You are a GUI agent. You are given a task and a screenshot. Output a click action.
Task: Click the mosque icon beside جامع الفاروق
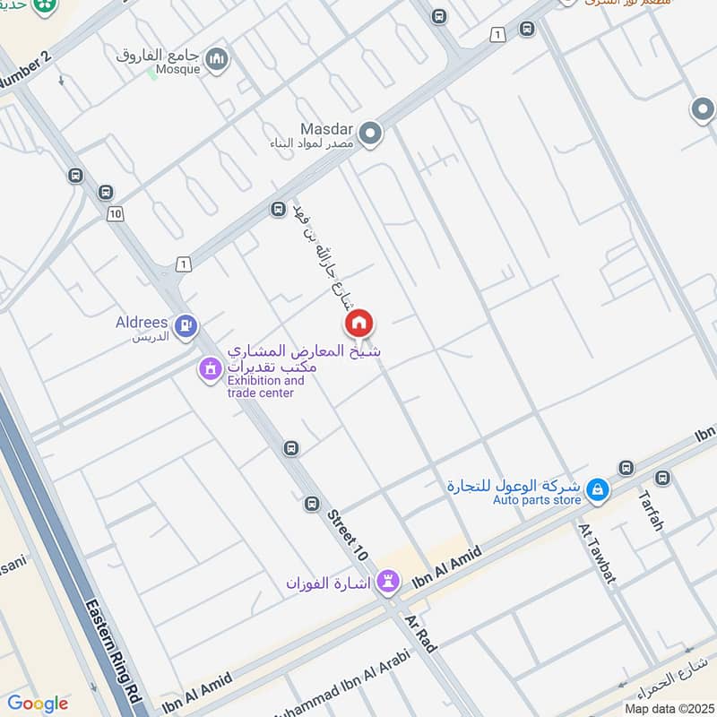tap(216, 60)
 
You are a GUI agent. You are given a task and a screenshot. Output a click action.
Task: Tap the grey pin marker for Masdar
tap(371, 135)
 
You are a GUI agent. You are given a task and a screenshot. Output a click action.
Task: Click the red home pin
tap(358, 324)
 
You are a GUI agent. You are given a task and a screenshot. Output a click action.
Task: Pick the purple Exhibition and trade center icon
tap(210, 368)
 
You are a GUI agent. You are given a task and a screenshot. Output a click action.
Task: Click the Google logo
tap(38, 704)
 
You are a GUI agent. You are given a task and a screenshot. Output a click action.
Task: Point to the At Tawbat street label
tap(597, 553)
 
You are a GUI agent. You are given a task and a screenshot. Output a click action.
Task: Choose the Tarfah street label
tap(651, 510)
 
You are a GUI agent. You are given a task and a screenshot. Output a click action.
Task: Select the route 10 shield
tap(114, 213)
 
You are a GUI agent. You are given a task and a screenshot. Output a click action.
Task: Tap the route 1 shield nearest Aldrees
tap(184, 263)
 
